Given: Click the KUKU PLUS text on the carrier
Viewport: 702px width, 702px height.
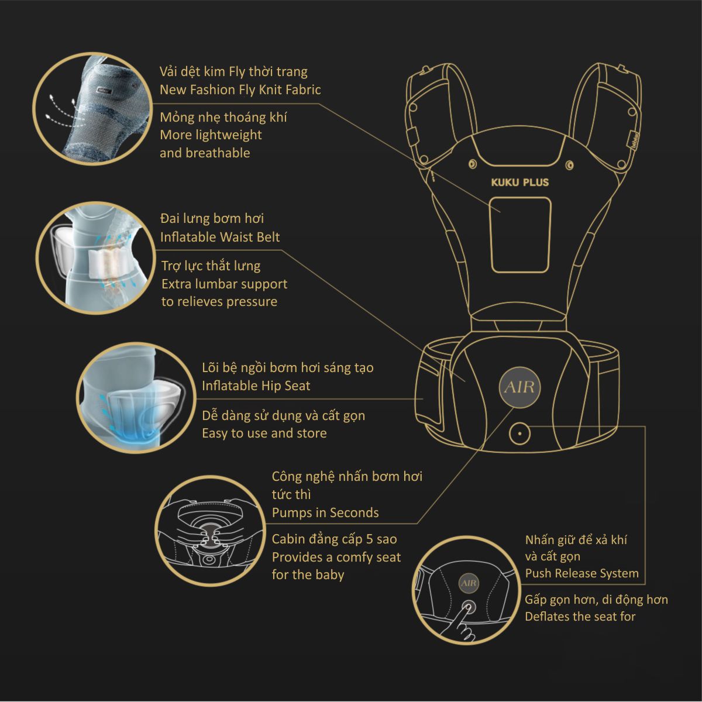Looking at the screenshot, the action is (x=520, y=182).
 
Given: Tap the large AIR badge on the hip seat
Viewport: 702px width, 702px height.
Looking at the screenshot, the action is (x=519, y=387).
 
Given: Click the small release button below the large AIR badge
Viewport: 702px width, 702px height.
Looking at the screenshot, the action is (x=519, y=433).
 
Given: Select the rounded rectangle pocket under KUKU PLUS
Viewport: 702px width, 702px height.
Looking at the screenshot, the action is (x=520, y=235).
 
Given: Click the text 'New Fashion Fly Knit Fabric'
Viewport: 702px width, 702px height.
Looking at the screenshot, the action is (x=240, y=90).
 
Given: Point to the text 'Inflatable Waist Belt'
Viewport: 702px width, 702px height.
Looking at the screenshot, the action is (x=220, y=237).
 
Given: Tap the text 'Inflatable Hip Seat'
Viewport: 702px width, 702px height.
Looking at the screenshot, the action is (x=256, y=386).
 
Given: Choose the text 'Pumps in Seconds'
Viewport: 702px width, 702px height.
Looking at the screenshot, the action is (x=325, y=512).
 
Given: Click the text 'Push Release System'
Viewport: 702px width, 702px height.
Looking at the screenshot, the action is (x=581, y=573).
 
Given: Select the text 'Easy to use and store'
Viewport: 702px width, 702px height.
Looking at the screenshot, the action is (x=264, y=433).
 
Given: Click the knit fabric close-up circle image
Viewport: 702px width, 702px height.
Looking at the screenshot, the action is (x=92, y=109).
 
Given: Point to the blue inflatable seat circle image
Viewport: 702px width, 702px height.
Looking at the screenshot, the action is (x=136, y=397).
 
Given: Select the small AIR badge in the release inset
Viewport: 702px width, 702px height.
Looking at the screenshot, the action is (x=469, y=583).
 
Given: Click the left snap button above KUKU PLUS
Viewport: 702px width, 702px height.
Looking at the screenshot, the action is (x=473, y=164).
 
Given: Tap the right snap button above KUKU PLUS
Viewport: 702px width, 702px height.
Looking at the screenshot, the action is (x=569, y=166).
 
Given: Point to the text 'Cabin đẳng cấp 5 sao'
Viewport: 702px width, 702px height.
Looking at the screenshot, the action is (x=335, y=539).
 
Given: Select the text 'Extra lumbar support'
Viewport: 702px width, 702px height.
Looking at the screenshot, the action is (x=225, y=284).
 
